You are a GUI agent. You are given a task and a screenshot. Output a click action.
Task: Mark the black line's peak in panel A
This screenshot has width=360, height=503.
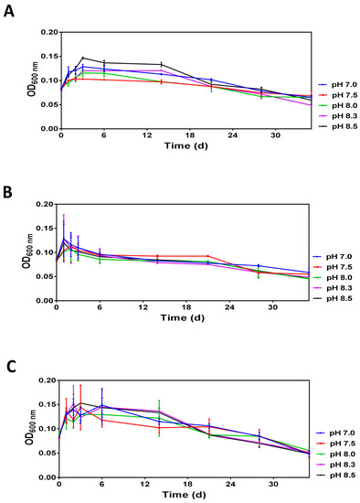[82, 59]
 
